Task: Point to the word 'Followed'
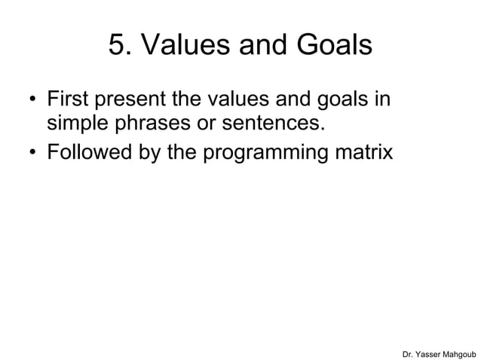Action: coord(91,152)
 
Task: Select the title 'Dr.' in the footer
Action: coord(410,352)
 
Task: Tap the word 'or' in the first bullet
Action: coord(207,125)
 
